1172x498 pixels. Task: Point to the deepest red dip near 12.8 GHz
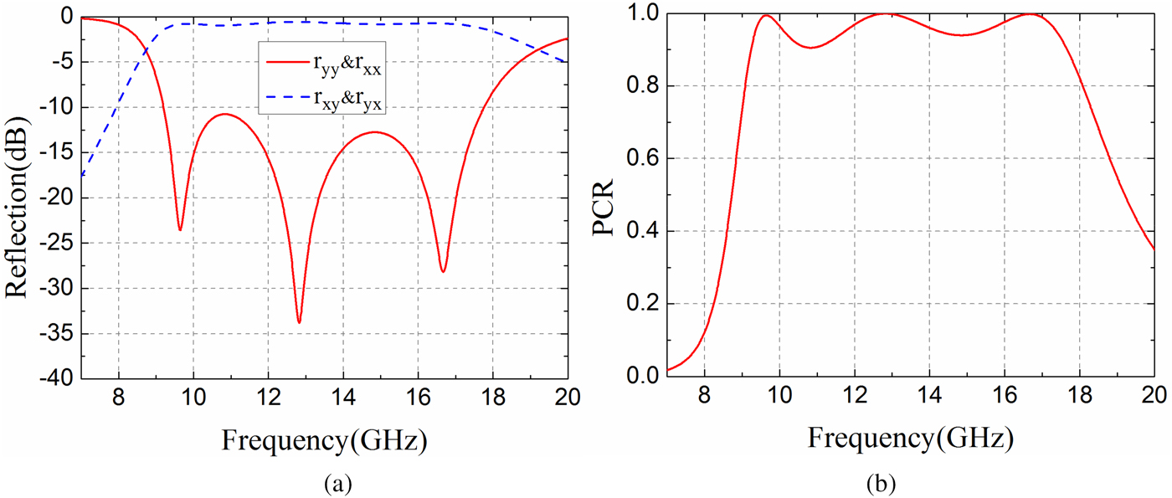(x=299, y=322)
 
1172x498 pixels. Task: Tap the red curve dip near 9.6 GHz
(x=180, y=230)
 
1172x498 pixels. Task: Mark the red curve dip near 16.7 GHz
(x=443, y=271)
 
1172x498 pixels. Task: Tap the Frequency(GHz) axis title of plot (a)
(x=325, y=438)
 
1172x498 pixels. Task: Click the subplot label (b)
(x=911, y=483)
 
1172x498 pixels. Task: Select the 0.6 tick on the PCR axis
(x=645, y=159)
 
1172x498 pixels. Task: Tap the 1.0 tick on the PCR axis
(x=645, y=14)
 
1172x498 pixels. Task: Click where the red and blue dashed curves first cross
(x=147, y=52)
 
